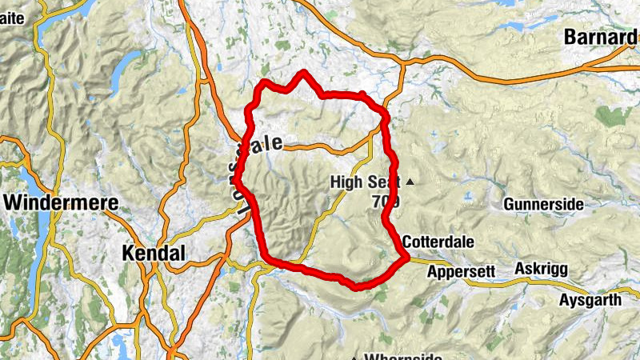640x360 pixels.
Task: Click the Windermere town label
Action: point(60,202)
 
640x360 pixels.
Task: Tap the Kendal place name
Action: point(154,254)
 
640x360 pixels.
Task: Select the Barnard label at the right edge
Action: point(601,36)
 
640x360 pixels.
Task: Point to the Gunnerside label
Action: point(543,205)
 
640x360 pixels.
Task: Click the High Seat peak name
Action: point(364,183)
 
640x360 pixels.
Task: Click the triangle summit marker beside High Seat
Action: point(410,182)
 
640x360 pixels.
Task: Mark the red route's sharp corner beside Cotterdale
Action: point(406,257)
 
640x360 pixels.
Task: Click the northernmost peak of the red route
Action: point(304,73)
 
